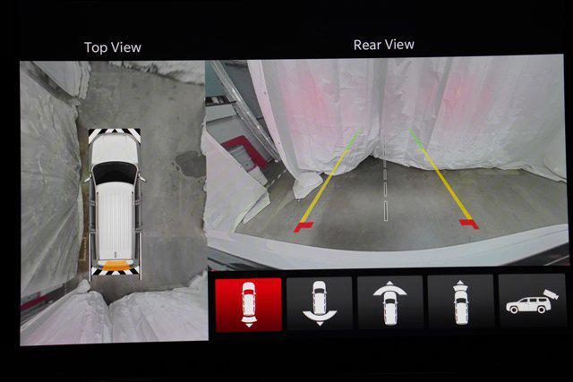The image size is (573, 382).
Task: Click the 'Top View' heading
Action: (113, 47)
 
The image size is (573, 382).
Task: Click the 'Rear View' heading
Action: (384, 45)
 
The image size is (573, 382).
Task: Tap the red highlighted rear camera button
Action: (249, 305)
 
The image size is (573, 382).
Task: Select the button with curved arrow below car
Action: (320, 303)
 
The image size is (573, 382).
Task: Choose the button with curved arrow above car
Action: (390, 302)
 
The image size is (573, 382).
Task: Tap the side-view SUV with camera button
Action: (532, 301)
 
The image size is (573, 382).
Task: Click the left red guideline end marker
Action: (304, 227)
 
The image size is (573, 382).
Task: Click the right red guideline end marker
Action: (469, 224)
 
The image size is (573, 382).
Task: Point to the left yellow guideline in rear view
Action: (322, 186)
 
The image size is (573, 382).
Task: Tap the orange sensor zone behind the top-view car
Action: (115, 266)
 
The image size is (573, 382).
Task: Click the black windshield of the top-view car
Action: (115, 173)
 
